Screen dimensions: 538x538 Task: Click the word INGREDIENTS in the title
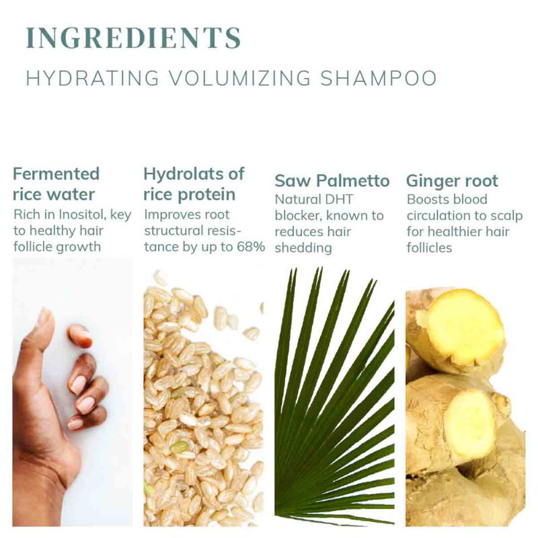point(133,37)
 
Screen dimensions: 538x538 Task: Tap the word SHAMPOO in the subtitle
point(378,78)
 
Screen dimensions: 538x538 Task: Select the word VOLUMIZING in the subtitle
point(240,78)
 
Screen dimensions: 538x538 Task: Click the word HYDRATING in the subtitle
point(93,78)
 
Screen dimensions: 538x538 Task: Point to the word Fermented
point(56,174)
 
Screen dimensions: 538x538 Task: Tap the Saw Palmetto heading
point(332,181)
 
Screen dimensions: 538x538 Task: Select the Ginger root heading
point(452,182)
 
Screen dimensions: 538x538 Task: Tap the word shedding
point(303,247)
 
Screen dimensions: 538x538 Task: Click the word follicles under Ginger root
point(429,247)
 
